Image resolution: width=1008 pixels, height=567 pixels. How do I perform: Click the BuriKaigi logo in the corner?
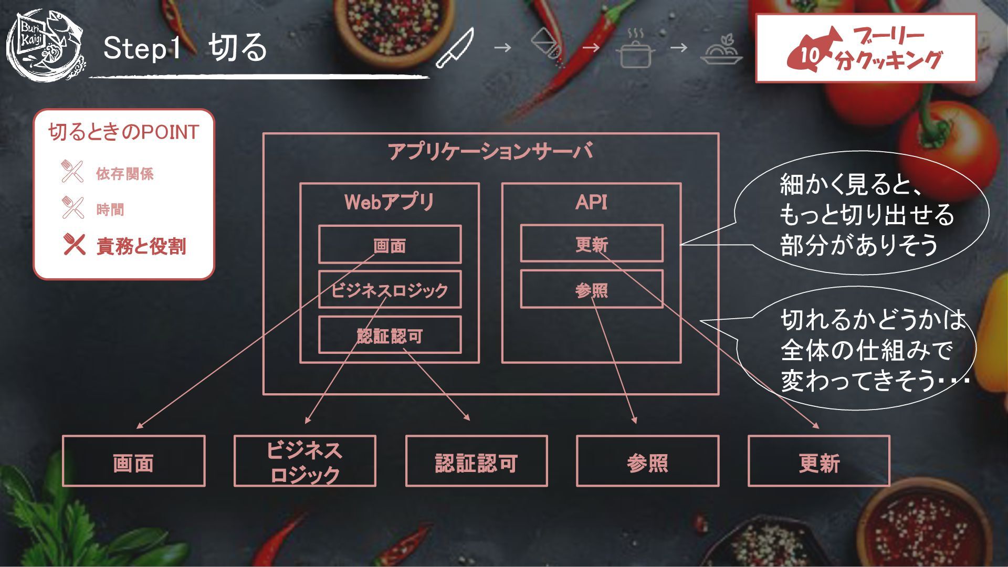(x=46, y=45)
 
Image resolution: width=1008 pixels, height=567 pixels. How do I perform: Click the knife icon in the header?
(x=455, y=48)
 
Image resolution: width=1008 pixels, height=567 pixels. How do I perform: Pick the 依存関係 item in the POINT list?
(x=124, y=174)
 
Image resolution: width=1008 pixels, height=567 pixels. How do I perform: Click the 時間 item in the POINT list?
(x=110, y=209)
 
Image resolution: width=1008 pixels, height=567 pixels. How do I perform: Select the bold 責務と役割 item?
(x=141, y=246)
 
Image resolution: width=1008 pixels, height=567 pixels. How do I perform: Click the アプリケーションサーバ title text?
(x=490, y=152)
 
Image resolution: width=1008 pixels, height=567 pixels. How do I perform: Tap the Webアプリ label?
(x=389, y=202)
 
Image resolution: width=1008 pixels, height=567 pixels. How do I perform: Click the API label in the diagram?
(x=591, y=202)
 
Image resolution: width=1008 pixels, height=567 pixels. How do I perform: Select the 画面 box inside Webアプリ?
(x=390, y=245)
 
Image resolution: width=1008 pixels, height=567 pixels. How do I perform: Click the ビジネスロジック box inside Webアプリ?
(x=390, y=290)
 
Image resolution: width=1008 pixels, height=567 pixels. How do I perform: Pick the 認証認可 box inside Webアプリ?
(x=390, y=335)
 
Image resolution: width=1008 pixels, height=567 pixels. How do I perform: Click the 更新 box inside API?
(x=592, y=244)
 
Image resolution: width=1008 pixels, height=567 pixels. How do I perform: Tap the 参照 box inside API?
(x=592, y=289)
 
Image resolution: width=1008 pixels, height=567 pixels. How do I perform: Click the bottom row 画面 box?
(x=133, y=461)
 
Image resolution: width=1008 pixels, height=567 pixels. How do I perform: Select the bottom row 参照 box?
(x=647, y=461)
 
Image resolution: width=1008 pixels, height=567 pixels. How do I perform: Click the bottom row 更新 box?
(x=819, y=461)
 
